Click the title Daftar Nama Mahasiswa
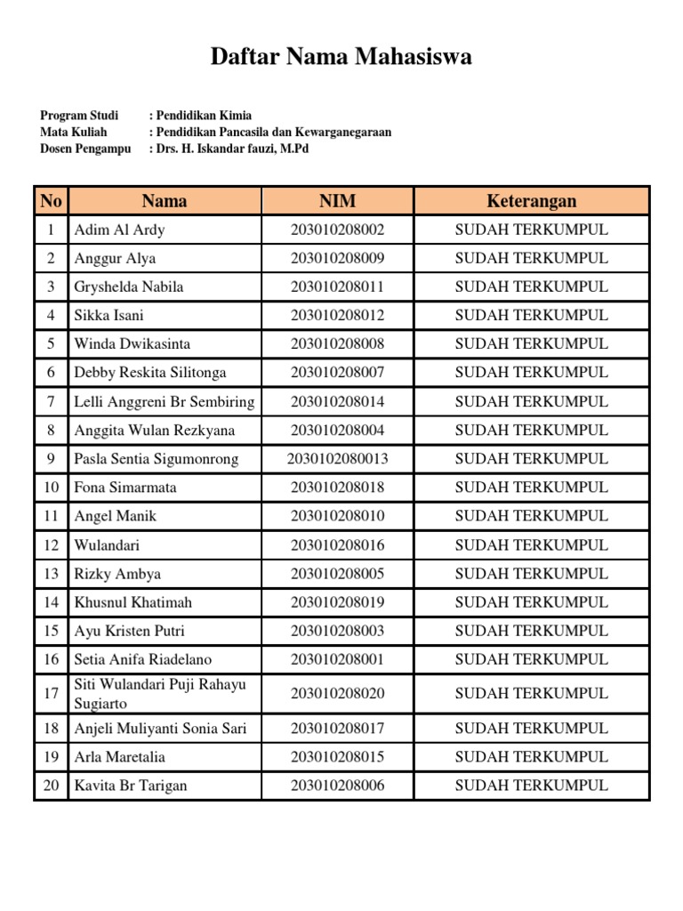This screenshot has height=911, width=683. tap(341, 58)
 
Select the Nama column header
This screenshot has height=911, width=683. tap(165, 201)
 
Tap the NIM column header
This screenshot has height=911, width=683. tap(337, 201)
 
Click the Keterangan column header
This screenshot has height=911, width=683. tap(531, 201)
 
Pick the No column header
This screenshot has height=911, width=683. tap(51, 201)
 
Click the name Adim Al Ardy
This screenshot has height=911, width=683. tap(119, 230)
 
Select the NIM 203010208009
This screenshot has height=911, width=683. tap(337, 258)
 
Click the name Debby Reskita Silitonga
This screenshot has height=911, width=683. tap(150, 372)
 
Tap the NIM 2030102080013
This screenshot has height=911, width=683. tap(337, 459)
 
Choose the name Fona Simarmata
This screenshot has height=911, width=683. tap(125, 488)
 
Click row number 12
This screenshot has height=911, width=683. tap(51, 544)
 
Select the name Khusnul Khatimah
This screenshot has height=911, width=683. tap(133, 602)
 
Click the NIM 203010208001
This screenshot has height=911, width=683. tap(337, 659)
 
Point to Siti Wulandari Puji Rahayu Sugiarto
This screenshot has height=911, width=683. tap(160, 693)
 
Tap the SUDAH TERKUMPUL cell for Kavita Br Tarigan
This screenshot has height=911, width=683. tap(531, 785)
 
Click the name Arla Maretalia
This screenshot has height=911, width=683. tap(119, 757)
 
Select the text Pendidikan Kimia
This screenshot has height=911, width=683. tap(204, 116)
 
